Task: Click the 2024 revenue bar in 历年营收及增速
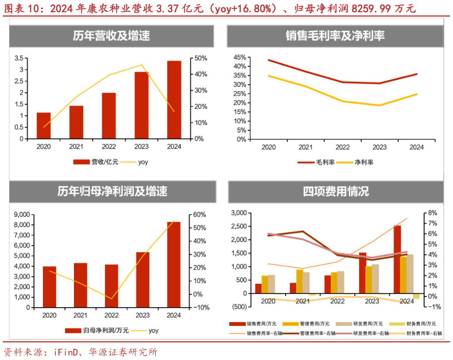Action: [x=174, y=100]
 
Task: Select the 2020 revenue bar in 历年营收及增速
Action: [x=43, y=125]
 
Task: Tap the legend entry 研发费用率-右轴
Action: [x=366, y=333]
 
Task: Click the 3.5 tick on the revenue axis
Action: [x=19, y=58]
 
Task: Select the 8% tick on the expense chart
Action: [x=433, y=213]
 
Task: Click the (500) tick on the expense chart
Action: [x=238, y=307]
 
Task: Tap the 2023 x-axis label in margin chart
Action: [x=379, y=147]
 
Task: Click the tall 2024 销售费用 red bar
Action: [x=397, y=259]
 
